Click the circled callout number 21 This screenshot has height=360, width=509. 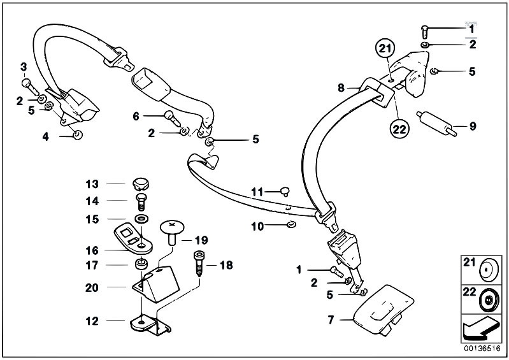(x=385, y=49)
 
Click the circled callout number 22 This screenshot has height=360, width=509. (x=399, y=129)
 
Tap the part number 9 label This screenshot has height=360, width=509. (x=473, y=126)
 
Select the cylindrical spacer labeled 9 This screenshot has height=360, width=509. (x=437, y=124)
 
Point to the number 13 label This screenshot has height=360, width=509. (x=92, y=184)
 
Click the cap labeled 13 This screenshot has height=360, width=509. (x=141, y=184)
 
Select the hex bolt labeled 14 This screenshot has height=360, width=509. (x=141, y=202)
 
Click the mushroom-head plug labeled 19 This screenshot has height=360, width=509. (x=172, y=232)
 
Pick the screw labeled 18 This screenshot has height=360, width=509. (x=199, y=264)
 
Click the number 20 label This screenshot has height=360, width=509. (x=92, y=287)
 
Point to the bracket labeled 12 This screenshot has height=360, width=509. (x=150, y=324)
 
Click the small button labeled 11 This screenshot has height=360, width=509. (x=285, y=191)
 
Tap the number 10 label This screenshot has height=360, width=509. (x=258, y=226)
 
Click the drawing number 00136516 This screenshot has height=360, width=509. (x=482, y=349)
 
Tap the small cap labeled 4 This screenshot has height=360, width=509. (x=78, y=134)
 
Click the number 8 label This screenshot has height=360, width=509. (x=341, y=88)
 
